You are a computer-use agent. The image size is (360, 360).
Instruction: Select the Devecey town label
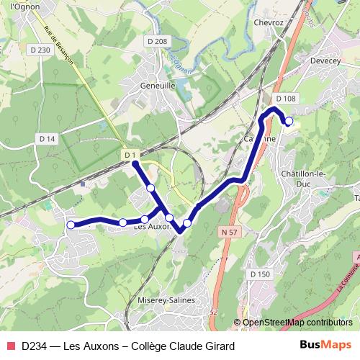[x=325, y=62]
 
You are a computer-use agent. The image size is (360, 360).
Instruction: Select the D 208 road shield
[x=158, y=42]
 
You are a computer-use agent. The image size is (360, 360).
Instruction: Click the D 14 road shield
[x=48, y=138]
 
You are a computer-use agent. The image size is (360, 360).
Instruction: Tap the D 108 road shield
[x=286, y=99]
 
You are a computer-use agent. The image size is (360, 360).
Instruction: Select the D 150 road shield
[x=260, y=274]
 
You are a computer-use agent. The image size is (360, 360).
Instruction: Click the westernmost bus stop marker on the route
[x=71, y=225]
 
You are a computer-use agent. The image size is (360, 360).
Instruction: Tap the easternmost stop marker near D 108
[x=289, y=121]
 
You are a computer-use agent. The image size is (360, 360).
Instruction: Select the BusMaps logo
[x=326, y=345]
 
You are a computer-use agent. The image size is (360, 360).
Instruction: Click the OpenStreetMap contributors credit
[x=296, y=323]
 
